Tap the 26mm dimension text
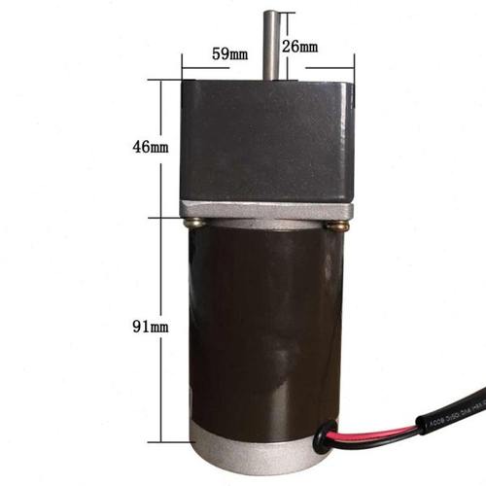[x=300, y=47]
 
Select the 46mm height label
[x=152, y=147]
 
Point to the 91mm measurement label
[x=152, y=328]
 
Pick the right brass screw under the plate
[x=337, y=226]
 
